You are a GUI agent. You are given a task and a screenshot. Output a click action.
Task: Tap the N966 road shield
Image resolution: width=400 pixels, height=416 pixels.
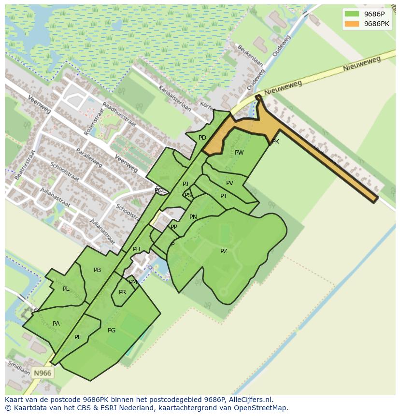click(x=42, y=373)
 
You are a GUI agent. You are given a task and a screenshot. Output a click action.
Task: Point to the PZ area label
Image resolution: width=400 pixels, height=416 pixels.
click(x=224, y=251)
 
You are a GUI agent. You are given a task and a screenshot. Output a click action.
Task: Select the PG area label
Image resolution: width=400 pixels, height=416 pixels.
click(x=112, y=330)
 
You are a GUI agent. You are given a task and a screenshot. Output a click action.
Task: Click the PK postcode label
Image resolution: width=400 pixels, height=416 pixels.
click(x=275, y=142)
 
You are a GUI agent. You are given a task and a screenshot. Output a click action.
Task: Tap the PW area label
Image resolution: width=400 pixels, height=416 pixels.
click(x=239, y=153)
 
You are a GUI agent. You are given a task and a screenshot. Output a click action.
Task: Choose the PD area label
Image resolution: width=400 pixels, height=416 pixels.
click(x=202, y=138)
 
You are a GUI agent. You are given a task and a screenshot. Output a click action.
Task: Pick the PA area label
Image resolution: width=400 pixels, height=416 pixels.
click(x=56, y=324)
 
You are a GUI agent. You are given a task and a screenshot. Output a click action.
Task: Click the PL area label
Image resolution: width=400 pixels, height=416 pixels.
click(x=66, y=289)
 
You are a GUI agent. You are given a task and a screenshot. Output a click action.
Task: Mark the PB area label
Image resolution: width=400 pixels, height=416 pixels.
click(x=97, y=270)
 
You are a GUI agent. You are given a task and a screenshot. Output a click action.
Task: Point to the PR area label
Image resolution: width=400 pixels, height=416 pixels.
click(x=122, y=292)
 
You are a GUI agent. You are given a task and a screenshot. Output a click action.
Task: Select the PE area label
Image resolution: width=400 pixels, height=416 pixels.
click(x=78, y=337)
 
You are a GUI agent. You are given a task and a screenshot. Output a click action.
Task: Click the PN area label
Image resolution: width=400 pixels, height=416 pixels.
click(x=193, y=217)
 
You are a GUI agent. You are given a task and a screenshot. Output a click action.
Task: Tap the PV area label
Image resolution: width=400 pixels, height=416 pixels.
click(x=229, y=183)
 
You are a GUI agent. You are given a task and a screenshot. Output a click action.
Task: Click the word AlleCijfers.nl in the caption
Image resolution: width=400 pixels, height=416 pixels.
click(x=249, y=400)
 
